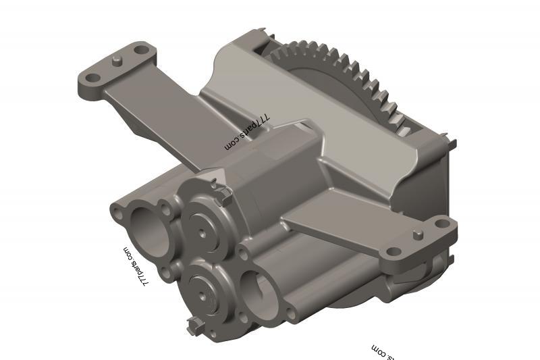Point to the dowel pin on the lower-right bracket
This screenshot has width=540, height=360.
418,234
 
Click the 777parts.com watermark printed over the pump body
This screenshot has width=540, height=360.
247,131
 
